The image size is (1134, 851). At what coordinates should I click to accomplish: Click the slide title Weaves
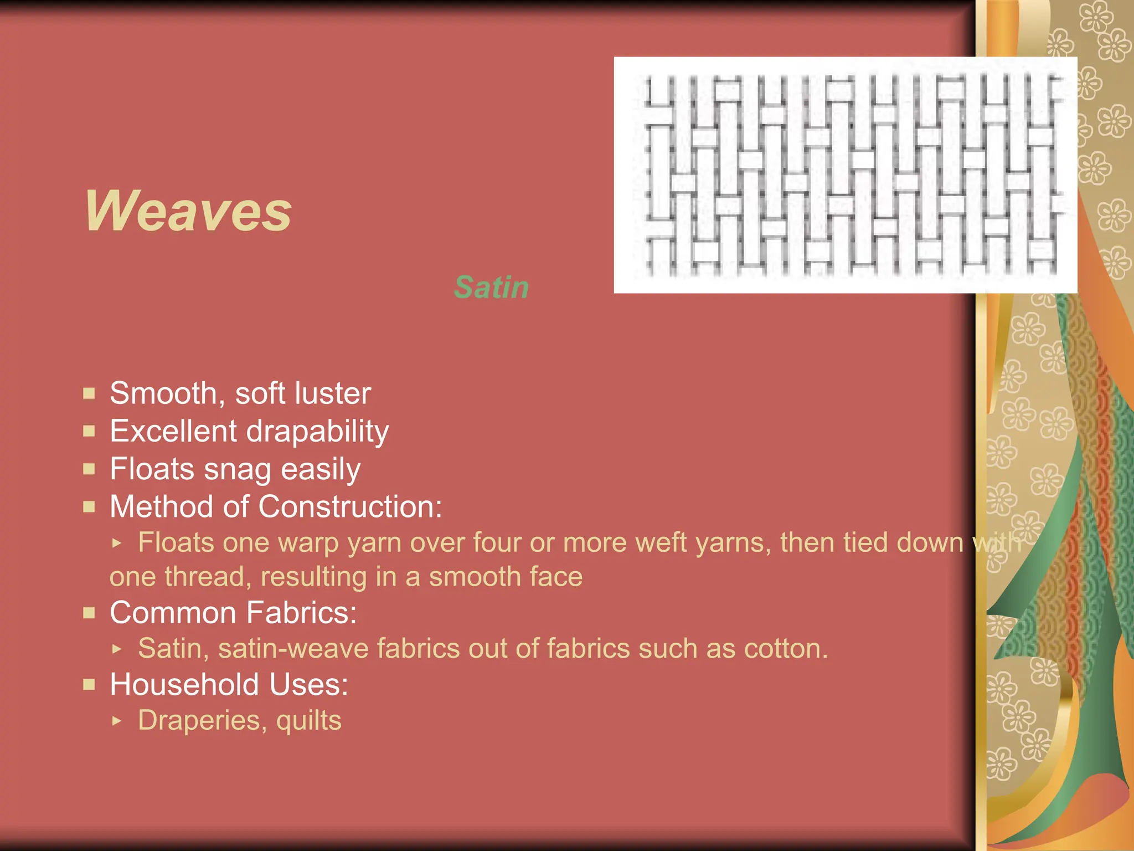pos(188,211)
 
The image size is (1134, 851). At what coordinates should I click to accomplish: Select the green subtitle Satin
pos(491,288)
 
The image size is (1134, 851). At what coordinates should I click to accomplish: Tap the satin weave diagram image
pos(845,175)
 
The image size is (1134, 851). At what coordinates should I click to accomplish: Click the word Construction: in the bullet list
pos(350,507)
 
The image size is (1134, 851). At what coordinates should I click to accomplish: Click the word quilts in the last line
pos(309,721)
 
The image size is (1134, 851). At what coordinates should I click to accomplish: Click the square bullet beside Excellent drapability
pos(89,431)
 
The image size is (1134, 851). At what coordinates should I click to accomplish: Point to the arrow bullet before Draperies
pos(116,721)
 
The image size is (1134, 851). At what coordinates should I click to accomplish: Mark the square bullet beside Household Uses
pos(89,685)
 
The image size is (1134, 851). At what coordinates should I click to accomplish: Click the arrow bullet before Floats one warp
pos(116,543)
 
